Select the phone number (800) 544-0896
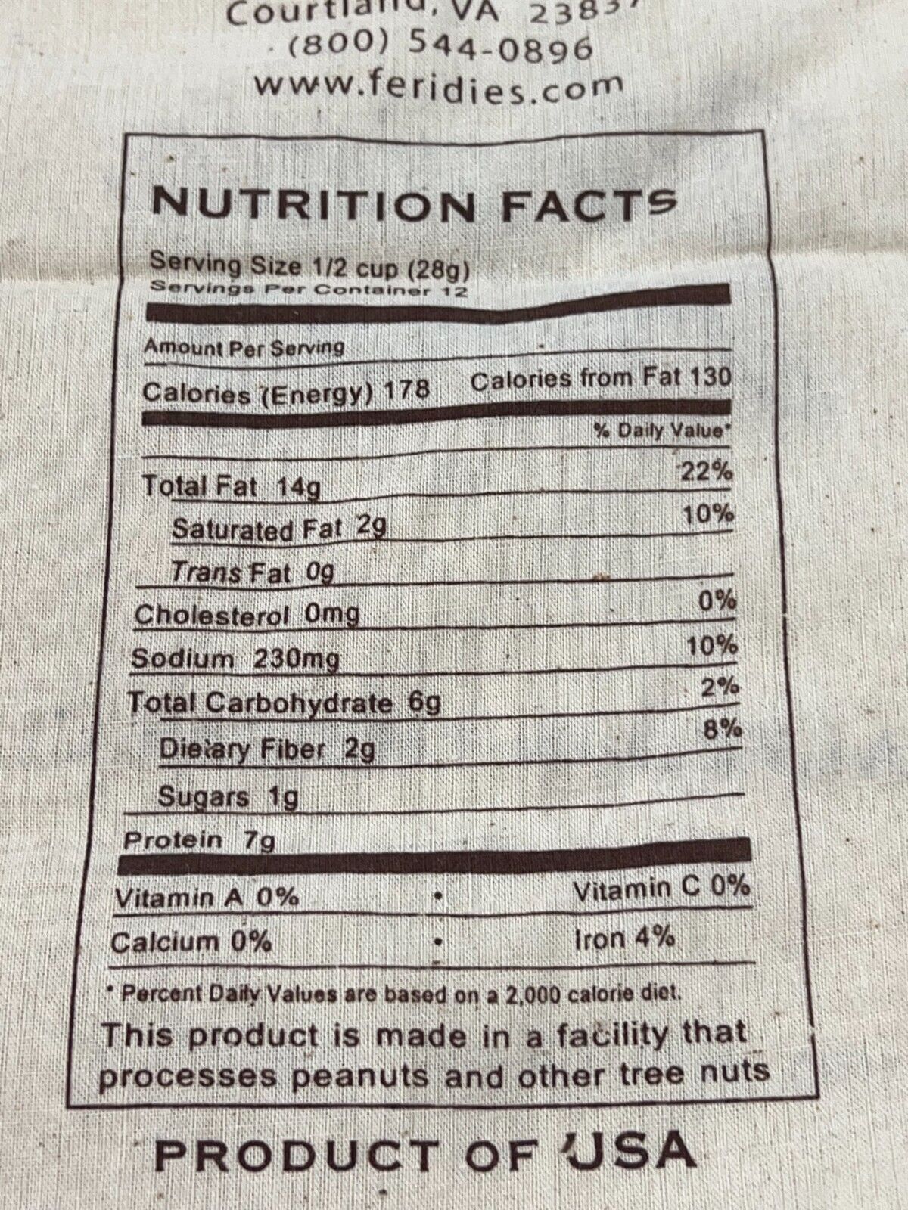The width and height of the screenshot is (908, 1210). [x=440, y=47]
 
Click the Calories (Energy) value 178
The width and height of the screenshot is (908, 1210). [x=407, y=389]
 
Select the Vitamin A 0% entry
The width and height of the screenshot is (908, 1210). [x=206, y=898]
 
